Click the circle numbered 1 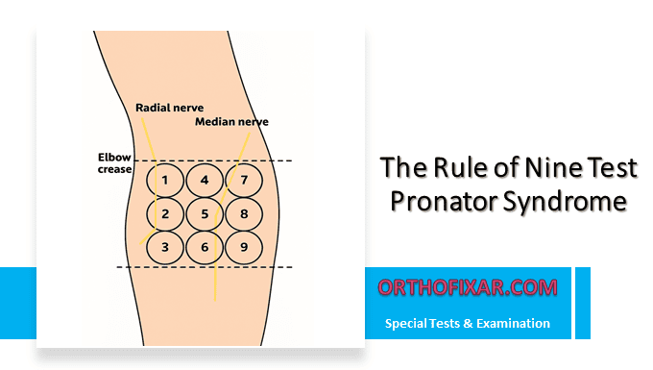(166, 180)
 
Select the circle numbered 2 (166, 213)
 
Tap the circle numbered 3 (166, 247)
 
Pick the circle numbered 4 (205, 180)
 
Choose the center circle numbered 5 (205, 213)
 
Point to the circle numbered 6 (205, 247)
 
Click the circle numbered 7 (244, 180)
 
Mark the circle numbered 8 (244, 213)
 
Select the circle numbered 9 (244, 247)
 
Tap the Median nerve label (231, 123)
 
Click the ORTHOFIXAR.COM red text (468, 286)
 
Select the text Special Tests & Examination (468, 324)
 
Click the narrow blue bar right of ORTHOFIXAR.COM (582, 302)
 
